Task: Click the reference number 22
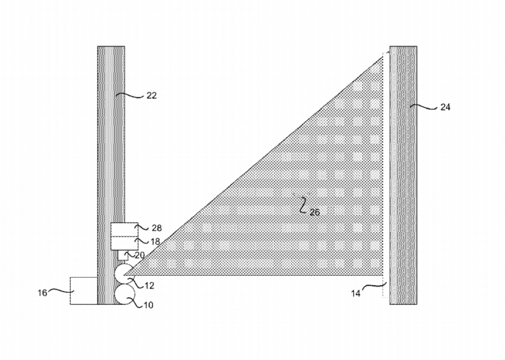(151, 96)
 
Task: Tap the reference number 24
(445, 107)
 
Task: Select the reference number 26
(315, 212)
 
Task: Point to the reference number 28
(157, 228)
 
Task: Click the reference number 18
(155, 242)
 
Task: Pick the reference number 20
(140, 255)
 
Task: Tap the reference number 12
(149, 286)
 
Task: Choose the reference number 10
(148, 304)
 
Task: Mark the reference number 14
(356, 294)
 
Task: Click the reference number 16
(42, 293)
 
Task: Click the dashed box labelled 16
(83, 290)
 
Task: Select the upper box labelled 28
(124, 230)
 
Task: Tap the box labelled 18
(124, 244)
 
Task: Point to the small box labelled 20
(123, 255)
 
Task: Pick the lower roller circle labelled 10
(125, 294)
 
